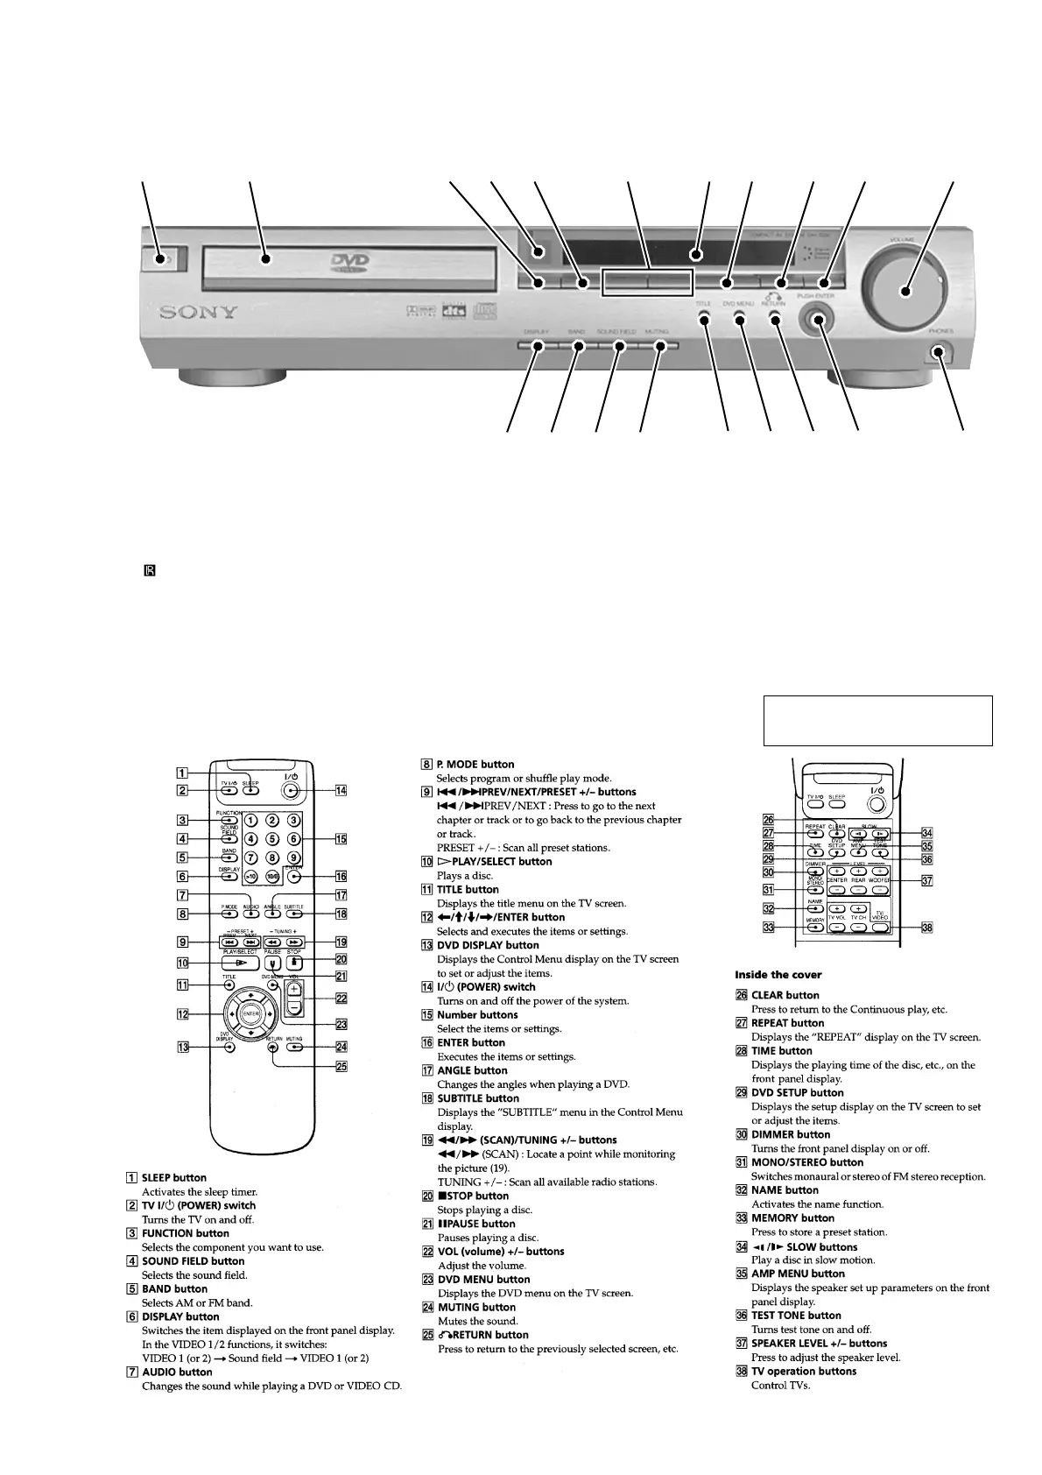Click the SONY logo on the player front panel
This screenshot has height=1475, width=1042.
pyautogui.click(x=198, y=312)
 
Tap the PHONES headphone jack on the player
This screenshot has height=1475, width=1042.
pyautogui.click(x=939, y=354)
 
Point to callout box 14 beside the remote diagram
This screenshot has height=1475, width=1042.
pyautogui.click(x=341, y=791)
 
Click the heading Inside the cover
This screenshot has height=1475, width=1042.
pyautogui.click(x=778, y=975)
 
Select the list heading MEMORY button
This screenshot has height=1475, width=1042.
pyautogui.click(x=792, y=1217)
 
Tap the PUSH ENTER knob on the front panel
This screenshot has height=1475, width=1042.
pyautogui.click(x=818, y=320)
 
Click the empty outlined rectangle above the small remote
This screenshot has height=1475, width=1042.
pyautogui.click(x=877, y=720)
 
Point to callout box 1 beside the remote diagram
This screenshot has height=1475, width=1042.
pyautogui.click(x=180, y=773)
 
